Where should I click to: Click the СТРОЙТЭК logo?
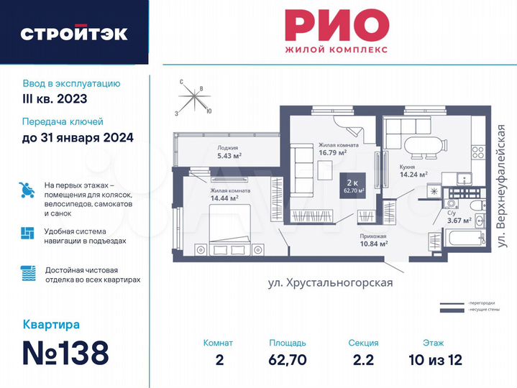pyautogui.click(x=73, y=34)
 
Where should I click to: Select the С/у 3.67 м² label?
pyautogui.click(x=459, y=217)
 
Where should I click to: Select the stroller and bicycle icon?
pyautogui.click(x=27, y=190)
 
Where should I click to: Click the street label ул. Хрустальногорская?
pyautogui.click(x=330, y=282)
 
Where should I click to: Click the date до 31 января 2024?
pyautogui.click(x=78, y=138)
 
